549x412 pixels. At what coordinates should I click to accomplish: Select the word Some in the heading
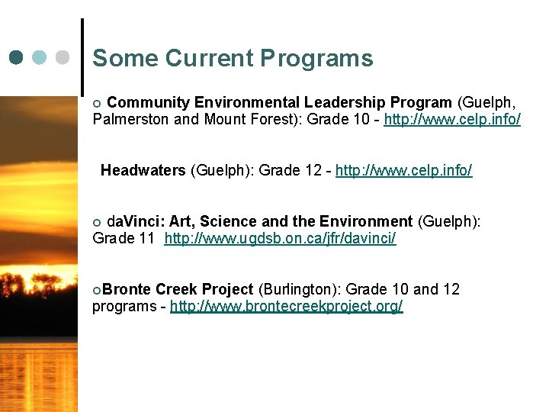(x=125, y=58)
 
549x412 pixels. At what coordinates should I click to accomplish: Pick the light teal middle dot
(x=40, y=57)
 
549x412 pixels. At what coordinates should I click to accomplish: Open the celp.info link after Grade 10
(x=452, y=119)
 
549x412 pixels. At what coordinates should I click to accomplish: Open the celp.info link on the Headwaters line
(x=403, y=170)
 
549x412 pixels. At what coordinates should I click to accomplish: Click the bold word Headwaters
(x=143, y=170)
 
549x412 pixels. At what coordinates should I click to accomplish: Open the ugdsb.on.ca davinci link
(x=280, y=239)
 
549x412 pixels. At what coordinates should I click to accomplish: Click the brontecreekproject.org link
(x=286, y=307)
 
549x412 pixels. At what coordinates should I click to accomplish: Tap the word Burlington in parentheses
(x=300, y=289)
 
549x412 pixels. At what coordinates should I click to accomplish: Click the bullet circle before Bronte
(x=96, y=290)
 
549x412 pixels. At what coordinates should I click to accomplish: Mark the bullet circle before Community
(x=96, y=103)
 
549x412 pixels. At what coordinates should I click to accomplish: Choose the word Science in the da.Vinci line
(x=230, y=221)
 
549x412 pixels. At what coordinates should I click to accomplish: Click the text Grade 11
(x=124, y=239)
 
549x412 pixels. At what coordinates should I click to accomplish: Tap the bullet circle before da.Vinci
(x=96, y=222)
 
